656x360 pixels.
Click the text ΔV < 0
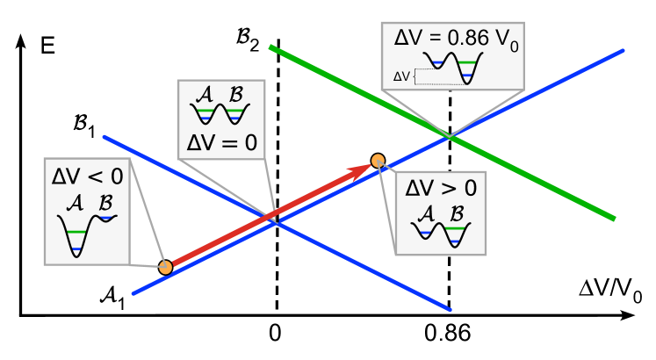[x=87, y=176]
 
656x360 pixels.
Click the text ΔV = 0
[x=221, y=142]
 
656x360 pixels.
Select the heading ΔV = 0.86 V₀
[x=452, y=40]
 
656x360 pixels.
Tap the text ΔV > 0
[x=440, y=187]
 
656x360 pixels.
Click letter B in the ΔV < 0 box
[x=105, y=203]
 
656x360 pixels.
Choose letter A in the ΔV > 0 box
[x=426, y=212]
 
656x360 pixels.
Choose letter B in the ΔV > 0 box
[x=457, y=212]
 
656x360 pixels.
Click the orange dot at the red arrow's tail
[x=165, y=267]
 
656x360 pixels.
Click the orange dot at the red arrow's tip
[x=378, y=161]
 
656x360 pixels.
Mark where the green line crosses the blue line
[x=449, y=136]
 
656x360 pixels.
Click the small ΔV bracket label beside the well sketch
[x=401, y=76]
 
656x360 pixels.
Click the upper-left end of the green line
[x=270, y=47]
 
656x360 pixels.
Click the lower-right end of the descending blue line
[x=450, y=309]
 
